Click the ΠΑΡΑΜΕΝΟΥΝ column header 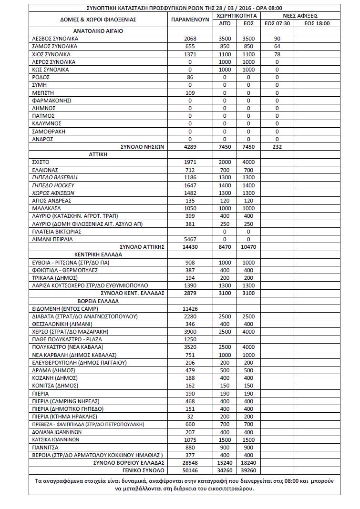[190, 20]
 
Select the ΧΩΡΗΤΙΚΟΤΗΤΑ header [236, 16]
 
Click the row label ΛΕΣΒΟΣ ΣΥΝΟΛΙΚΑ [54, 39]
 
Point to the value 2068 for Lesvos [190, 39]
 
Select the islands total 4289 [190, 147]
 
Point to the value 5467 [190, 239]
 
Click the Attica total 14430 [190, 247]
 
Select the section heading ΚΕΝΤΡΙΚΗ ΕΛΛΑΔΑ [98, 254]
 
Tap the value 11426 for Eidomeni [190, 309]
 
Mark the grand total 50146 [190, 470]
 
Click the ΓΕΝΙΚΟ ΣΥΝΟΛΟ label [144, 470]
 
